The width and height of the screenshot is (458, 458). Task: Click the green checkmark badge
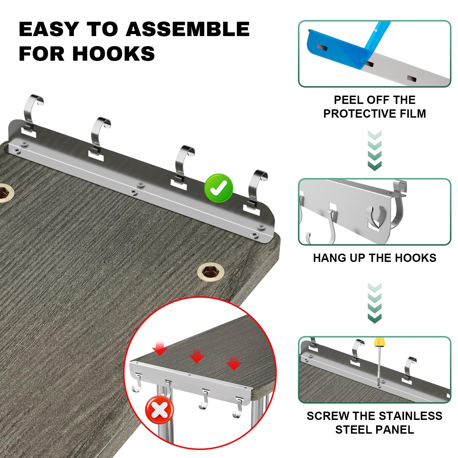pyautogui.click(x=218, y=188)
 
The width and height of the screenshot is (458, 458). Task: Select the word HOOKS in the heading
pyautogui.click(x=113, y=53)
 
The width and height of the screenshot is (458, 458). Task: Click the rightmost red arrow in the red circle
pyautogui.click(x=234, y=363)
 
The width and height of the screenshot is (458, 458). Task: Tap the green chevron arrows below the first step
pyautogui.click(x=374, y=151)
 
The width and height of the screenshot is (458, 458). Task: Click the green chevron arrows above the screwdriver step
pyautogui.click(x=374, y=303)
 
